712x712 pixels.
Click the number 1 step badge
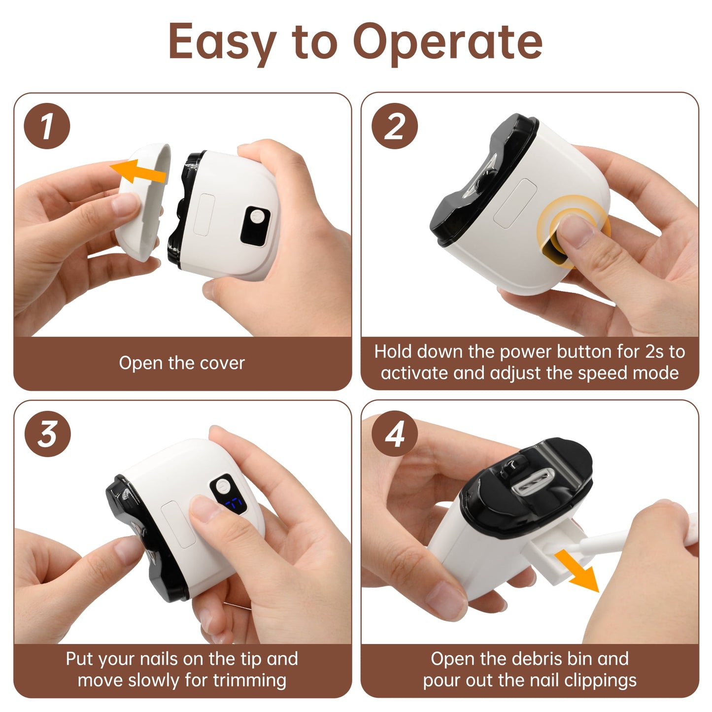point(47,126)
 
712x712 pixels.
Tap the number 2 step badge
point(395,126)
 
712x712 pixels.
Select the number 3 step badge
point(47,434)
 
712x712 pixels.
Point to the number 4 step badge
point(395,434)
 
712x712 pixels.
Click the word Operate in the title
point(447,42)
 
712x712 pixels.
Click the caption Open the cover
point(182,363)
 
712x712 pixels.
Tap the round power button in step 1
point(257,217)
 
